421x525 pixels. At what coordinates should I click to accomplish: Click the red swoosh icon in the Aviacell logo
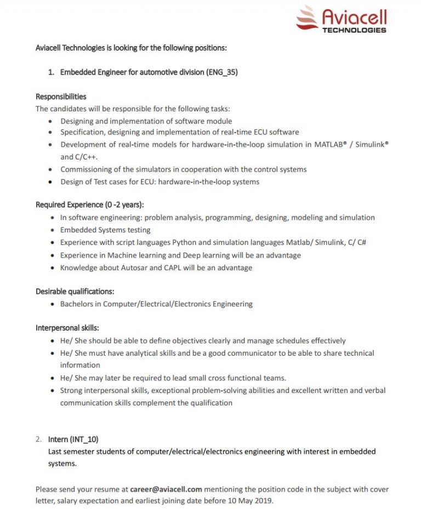click(307, 17)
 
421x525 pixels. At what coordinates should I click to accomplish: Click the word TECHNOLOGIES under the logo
click(354, 30)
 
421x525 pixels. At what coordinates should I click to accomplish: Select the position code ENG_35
click(222, 72)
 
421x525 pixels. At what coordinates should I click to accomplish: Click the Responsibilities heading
click(61, 96)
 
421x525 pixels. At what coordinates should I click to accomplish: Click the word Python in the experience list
click(184, 242)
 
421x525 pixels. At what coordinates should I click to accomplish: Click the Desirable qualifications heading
click(75, 292)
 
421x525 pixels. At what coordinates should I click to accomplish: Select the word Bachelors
click(80, 304)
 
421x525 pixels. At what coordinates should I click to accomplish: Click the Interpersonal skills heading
click(67, 328)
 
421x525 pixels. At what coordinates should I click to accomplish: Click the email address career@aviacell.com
click(167, 489)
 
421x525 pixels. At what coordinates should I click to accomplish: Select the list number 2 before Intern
click(38, 439)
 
